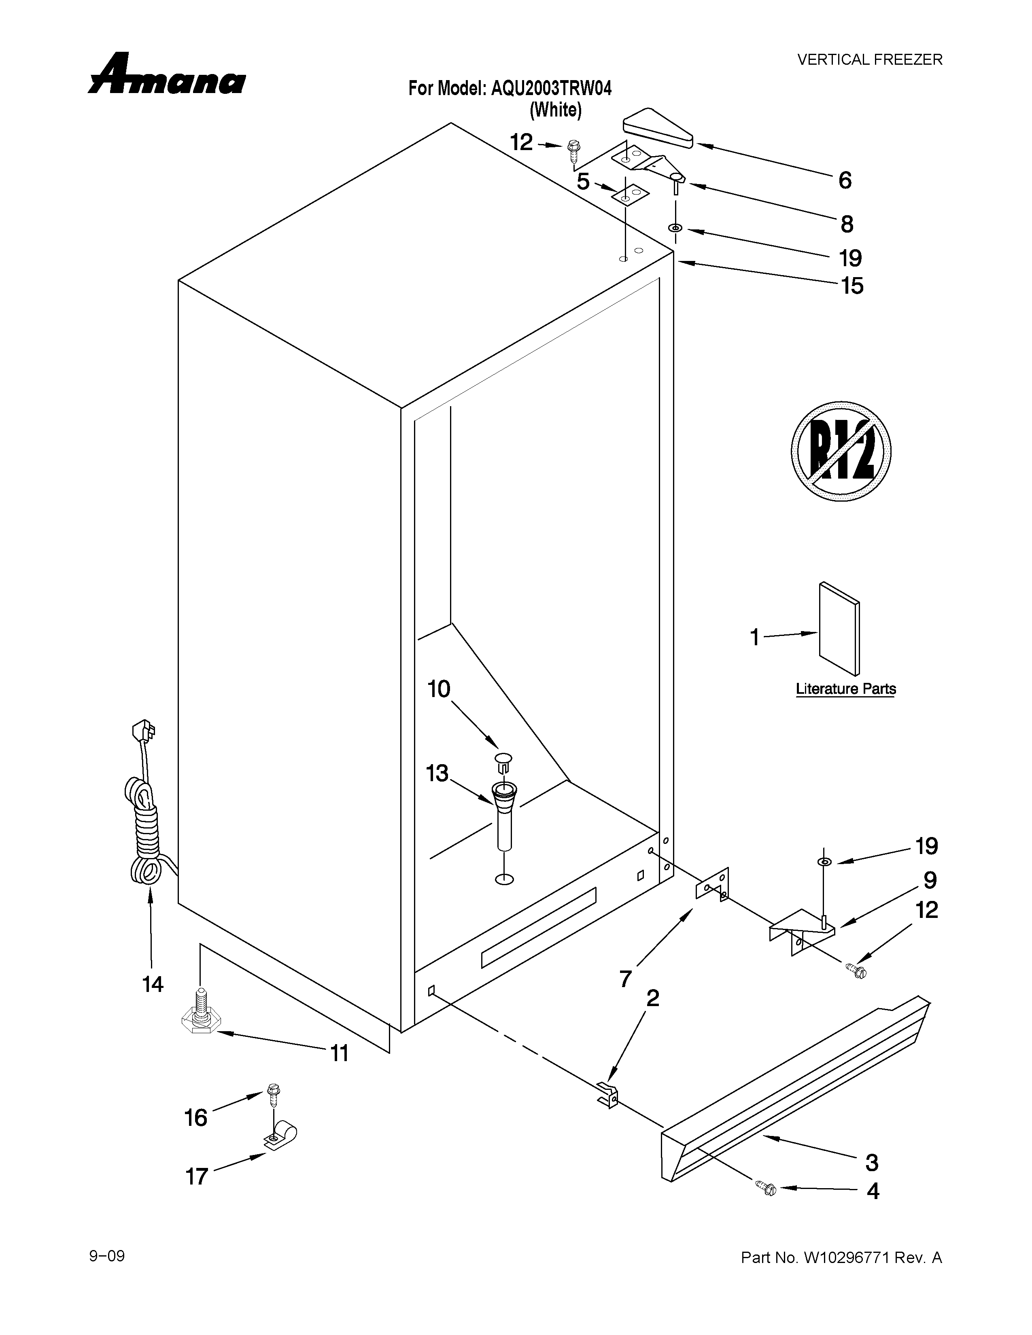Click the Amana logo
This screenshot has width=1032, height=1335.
166,76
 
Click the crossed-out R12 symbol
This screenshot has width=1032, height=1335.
841,451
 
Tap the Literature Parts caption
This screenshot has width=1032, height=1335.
845,689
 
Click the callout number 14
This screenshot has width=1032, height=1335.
153,984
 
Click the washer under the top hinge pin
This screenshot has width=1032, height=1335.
675,228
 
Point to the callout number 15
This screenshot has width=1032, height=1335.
852,286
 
